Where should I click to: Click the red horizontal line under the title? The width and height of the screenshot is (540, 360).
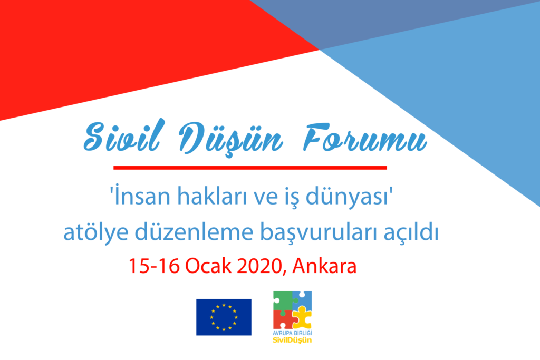click(250, 168)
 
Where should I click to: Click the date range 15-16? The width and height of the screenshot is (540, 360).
click(155, 266)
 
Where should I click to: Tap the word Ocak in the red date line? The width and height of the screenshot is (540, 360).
click(208, 266)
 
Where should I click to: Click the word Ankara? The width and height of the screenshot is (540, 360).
click(324, 266)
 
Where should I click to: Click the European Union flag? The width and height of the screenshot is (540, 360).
click(224, 317)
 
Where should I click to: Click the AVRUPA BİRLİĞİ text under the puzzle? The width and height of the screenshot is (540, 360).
click(292, 333)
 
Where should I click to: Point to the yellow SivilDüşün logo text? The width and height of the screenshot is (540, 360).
click(292, 340)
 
